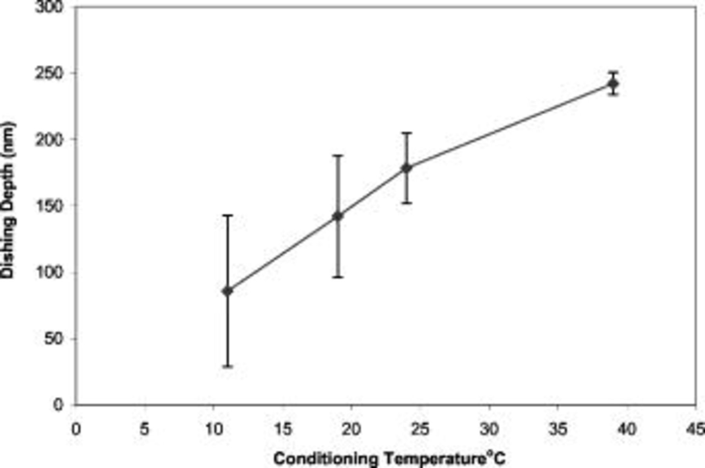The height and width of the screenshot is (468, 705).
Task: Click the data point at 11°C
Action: (x=228, y=291)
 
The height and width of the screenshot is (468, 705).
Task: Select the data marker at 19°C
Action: (x=338, y=216)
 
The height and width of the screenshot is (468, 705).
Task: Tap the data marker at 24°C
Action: (x=407, y=168)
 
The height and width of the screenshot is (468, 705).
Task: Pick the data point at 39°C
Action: (x=613, y=84)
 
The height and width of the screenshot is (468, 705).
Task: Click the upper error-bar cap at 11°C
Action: (x=228, y=215)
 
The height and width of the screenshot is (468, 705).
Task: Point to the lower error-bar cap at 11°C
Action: (x=228, y=367)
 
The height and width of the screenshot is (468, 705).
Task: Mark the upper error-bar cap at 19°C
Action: (x=338, y=156)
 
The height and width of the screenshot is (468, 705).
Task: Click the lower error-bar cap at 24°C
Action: (x=407, y=203)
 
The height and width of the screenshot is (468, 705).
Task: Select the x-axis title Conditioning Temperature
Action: (x=389, y=458)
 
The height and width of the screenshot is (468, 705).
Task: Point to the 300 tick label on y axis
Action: (x=49, y=7)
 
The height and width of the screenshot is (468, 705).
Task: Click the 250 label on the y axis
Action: (x=49, y=73)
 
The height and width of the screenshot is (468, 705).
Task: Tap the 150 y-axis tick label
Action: (x=49, y=206)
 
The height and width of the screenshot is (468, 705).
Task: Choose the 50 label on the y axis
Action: (x=54, y=339)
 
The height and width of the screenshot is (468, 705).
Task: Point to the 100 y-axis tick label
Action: (x=49, y=273)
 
